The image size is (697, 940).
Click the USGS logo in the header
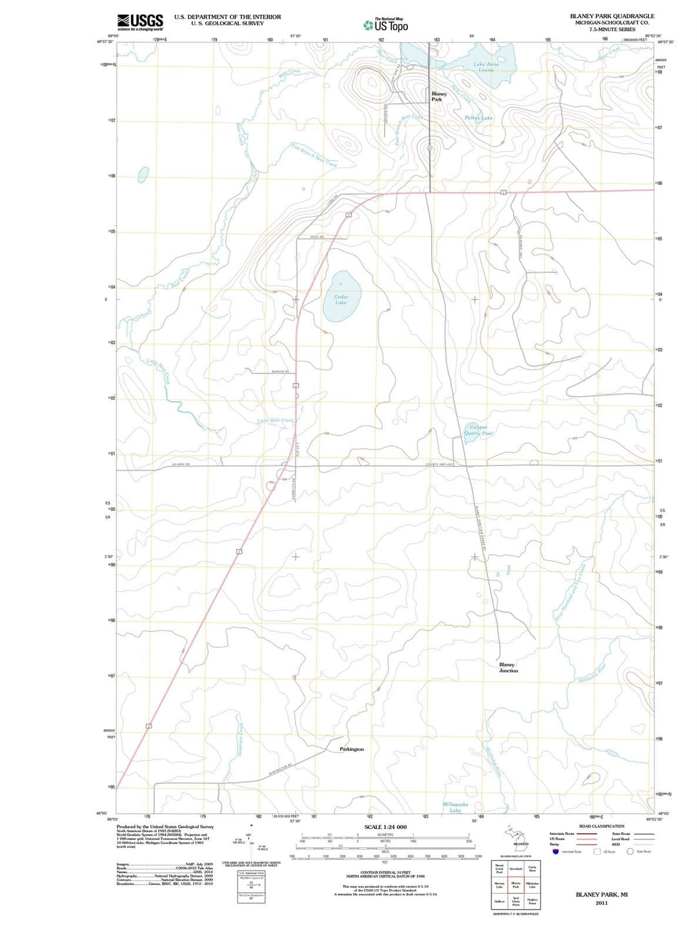139,22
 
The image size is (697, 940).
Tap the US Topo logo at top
385,25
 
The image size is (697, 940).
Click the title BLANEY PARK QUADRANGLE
612,16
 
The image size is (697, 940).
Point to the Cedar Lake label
341,299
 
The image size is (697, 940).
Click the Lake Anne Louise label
486,67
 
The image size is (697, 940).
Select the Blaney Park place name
438,97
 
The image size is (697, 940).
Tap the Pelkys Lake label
478,118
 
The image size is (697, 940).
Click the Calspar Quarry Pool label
478,430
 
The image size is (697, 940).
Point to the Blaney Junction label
508,667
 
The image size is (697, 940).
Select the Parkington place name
352,749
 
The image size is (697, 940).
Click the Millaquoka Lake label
455,807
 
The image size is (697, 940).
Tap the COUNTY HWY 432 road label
439,464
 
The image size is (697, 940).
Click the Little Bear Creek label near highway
276,421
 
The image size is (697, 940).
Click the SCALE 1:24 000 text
385,827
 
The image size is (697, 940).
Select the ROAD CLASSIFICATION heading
601,826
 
